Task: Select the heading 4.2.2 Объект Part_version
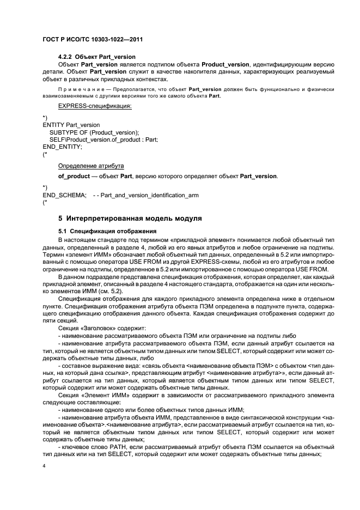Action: coord(97,57)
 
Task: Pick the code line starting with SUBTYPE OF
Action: coord(94,132)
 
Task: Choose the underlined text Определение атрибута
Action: coord(91,165)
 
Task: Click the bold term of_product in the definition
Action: coord(74,177)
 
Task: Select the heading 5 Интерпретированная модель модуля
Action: coord(130,218)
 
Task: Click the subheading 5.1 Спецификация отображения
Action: coord(104,231)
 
